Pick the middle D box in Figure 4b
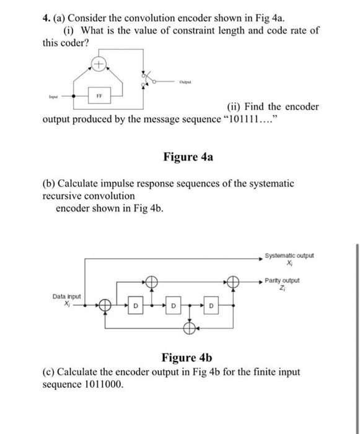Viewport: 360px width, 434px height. coord(173,306)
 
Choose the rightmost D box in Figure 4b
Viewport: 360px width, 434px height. coord(211,306)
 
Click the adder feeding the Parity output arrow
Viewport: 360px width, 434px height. coord(234,282)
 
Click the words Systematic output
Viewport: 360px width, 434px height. coord(289,255)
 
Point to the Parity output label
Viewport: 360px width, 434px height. coord(281,280)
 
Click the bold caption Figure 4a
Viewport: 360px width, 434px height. coord(188,157)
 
